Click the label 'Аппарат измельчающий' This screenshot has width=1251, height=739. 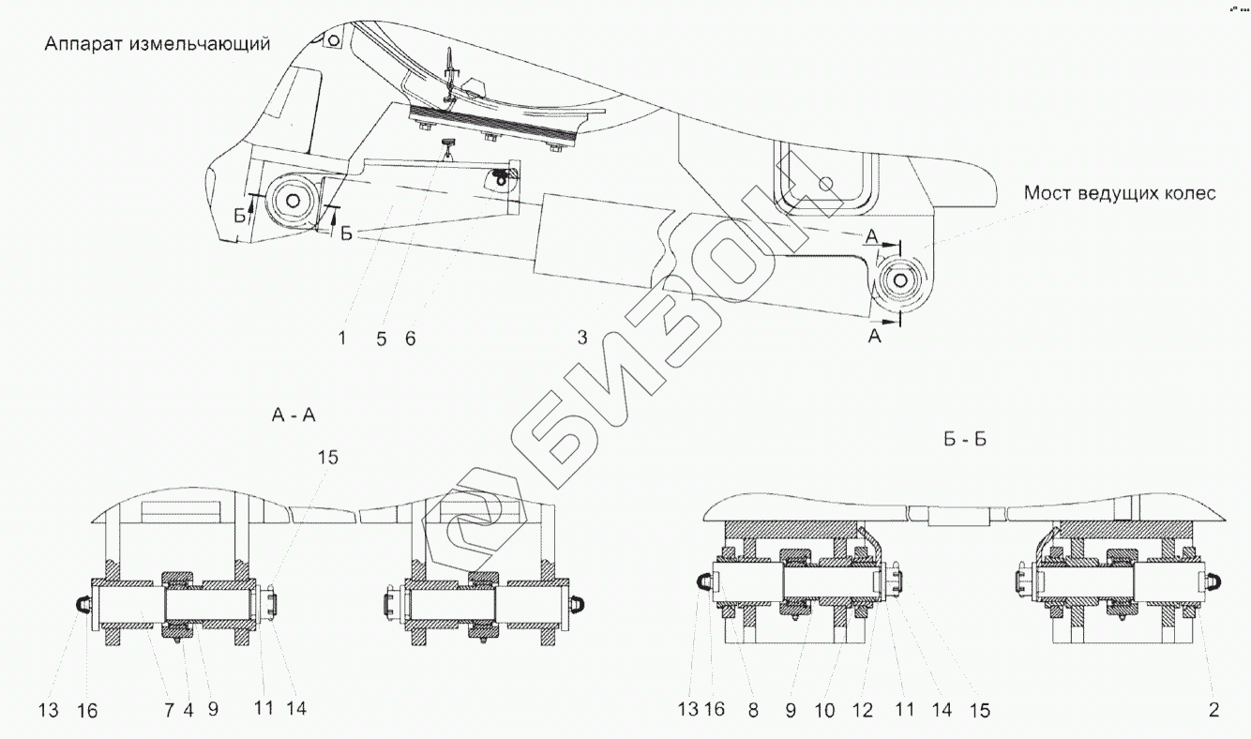point(158,44)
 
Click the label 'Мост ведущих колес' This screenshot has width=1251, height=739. point(1120,194)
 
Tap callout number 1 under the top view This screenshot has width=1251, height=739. point(342,339)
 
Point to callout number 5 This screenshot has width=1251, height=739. point(382,339)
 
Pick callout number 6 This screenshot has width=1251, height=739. point(410,339)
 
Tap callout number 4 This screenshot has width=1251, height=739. point(189,710)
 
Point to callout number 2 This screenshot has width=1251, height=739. point(1213,710)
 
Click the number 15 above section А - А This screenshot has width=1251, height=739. point(327,458)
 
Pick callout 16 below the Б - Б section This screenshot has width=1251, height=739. point(715,710)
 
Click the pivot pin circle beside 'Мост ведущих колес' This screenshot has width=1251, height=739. point(901,279)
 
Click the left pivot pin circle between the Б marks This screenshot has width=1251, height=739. point(294,200)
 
